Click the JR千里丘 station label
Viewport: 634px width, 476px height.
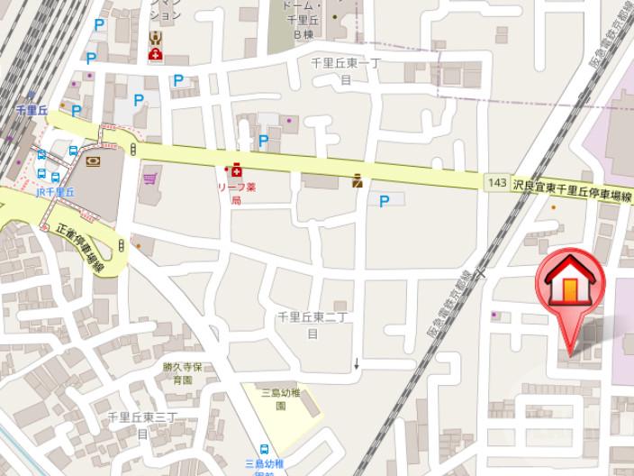[56, 192]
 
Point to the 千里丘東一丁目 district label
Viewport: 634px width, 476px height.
[346, 70]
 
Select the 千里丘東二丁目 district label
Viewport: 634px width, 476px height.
[312, 325]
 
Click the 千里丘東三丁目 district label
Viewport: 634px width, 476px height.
[141, 424]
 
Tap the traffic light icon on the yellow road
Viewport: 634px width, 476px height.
[133, 150]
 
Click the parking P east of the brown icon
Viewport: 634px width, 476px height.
[385, 200]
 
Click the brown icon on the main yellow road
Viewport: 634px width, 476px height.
[358, 180]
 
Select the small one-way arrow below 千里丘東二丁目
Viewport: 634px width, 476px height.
[358, 364]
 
